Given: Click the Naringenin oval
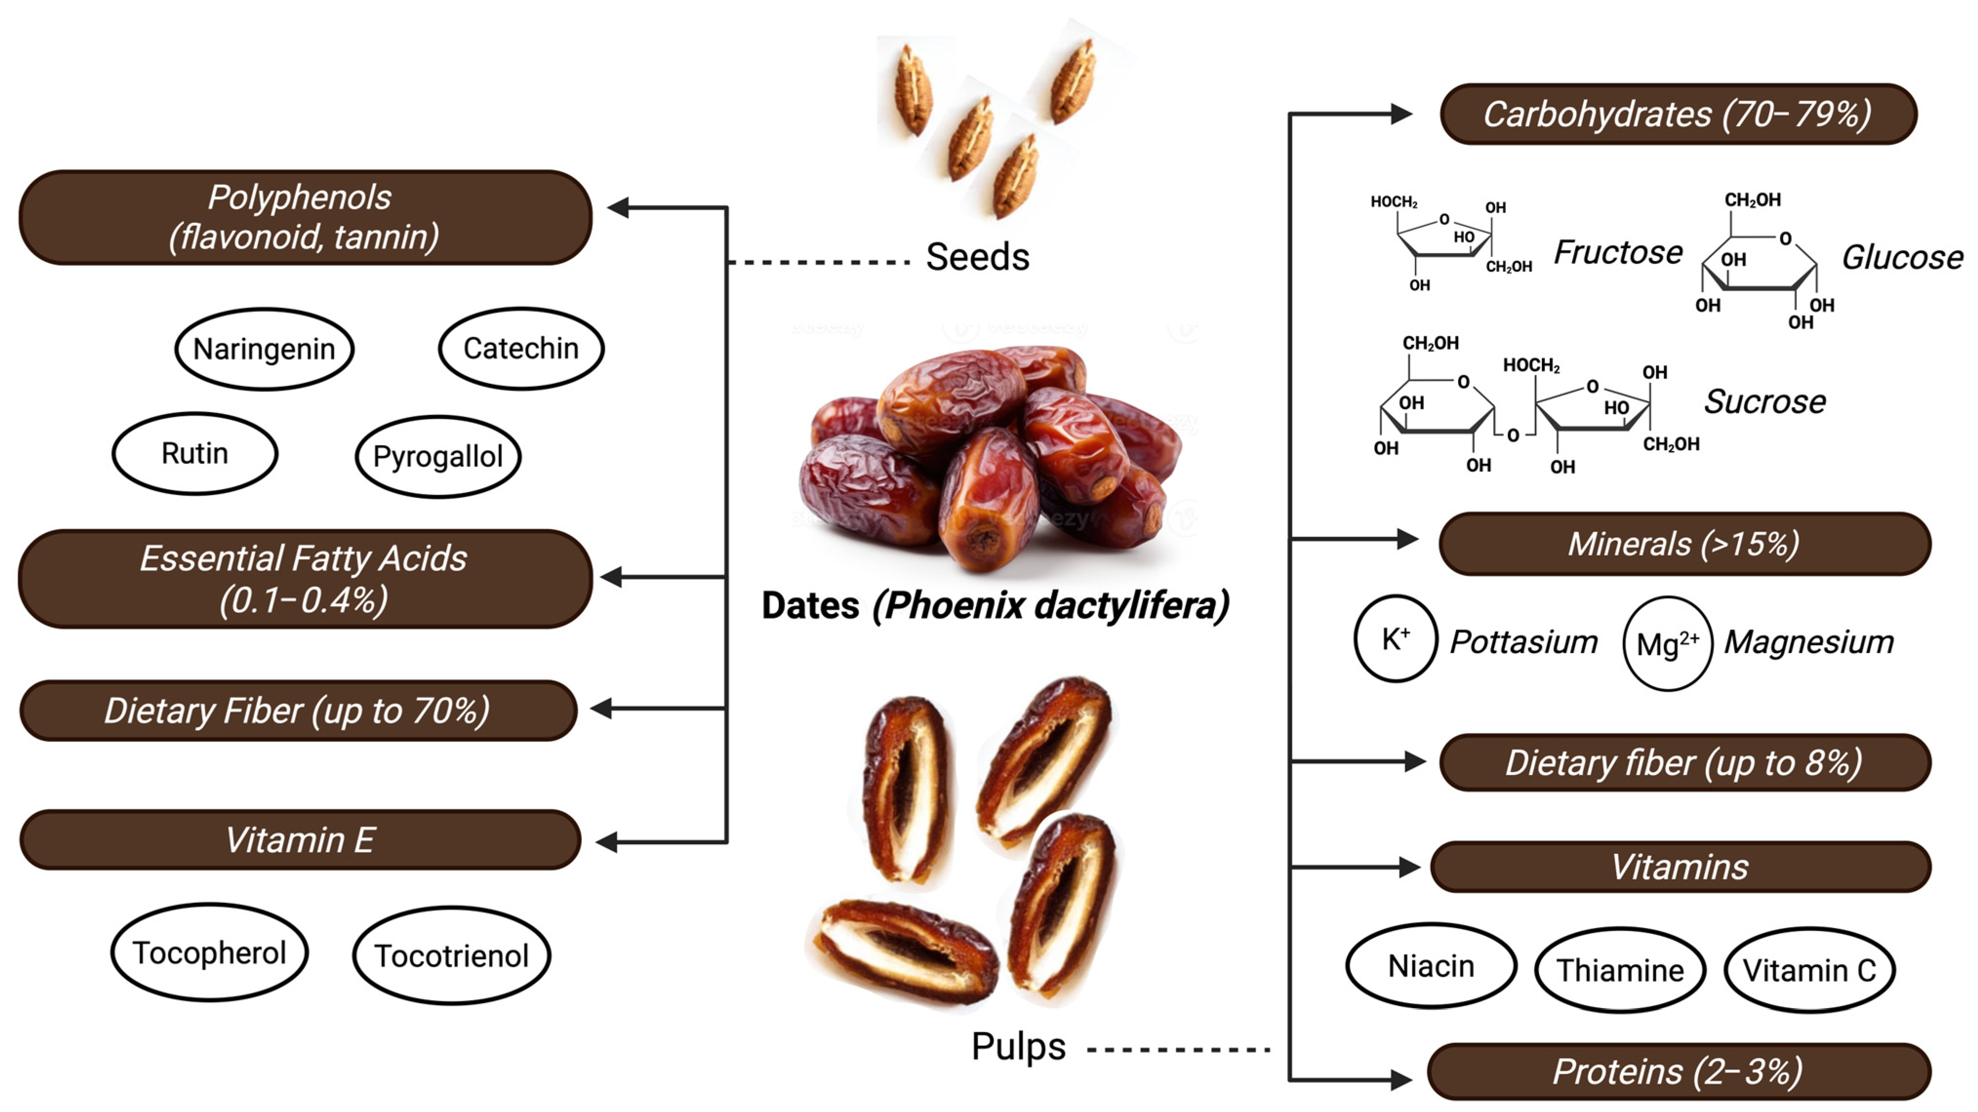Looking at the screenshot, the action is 264,349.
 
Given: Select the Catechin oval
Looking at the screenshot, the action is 520,349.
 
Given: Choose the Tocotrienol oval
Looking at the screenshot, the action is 452,956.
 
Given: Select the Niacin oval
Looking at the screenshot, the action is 1431,966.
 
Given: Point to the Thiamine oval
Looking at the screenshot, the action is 1620,971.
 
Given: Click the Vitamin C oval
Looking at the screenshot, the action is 1809,971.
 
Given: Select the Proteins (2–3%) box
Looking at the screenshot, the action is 1678,1072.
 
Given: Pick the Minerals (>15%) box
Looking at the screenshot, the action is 1684,544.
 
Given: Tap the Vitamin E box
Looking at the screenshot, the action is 300,840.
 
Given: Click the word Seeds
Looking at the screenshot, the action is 977,257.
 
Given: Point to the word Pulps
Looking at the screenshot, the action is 1018,1047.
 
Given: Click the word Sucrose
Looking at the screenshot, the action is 1764,402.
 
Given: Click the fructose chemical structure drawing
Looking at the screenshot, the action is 1447,242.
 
